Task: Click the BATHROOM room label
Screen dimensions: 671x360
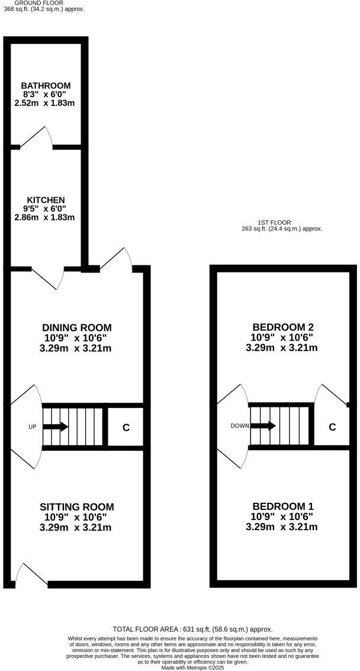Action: pyautogui.click(x=46, y=85)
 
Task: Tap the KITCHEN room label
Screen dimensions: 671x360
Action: pyautogui.click(x=46, y=200)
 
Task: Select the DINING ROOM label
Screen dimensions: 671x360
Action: pyautogui.click(x=77, y=328)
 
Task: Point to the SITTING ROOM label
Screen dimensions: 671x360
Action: pyautogui.click(x=77, y=507)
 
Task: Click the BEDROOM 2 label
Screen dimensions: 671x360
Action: pyautogui.click(x=283, y=328)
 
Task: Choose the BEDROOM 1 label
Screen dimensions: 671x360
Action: pyautogui.click(x=283, y=507)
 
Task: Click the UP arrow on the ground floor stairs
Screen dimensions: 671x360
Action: pyautogui.click(x=56, y=426)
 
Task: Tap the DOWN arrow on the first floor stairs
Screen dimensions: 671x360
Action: pyautogui.click(x=263, y=425)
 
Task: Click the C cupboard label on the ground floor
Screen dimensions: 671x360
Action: pyautogui.click(x=126, y=427)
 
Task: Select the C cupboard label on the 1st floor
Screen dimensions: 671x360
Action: pyautogui.click(x=332, y=426)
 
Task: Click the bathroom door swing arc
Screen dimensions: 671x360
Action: pyautogui.click(x=37, y=136)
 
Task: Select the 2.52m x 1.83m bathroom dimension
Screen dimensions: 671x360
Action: pyautogui.click(x=46, y=103)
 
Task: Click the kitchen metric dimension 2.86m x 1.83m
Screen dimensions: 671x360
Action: pyautogui.click(x=46, y=217)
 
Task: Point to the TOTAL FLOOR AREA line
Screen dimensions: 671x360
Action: pyautogui.click(x=192, y=629)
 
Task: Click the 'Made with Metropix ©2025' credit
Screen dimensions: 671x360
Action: pyautogui.click(x=192, y=667)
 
